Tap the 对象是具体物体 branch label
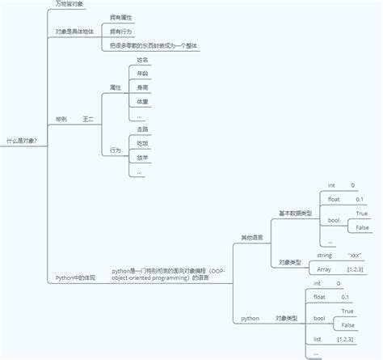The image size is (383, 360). tap(74, 32)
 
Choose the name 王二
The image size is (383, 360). tap(89, 118)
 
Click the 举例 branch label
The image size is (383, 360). tap(61, 118)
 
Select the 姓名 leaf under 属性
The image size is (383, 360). tap(142, 60)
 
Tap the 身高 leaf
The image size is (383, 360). tap(142, 87)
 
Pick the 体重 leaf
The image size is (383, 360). tap(142, 102)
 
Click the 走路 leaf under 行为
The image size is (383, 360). tap(142, 129)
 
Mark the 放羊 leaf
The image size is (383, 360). tap(142, 158)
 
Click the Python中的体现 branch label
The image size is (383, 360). tap(75, 277)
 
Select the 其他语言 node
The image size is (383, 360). tap(251, 237)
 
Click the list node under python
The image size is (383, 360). tap(318, 339)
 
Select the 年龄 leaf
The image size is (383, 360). tap(142, 74)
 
